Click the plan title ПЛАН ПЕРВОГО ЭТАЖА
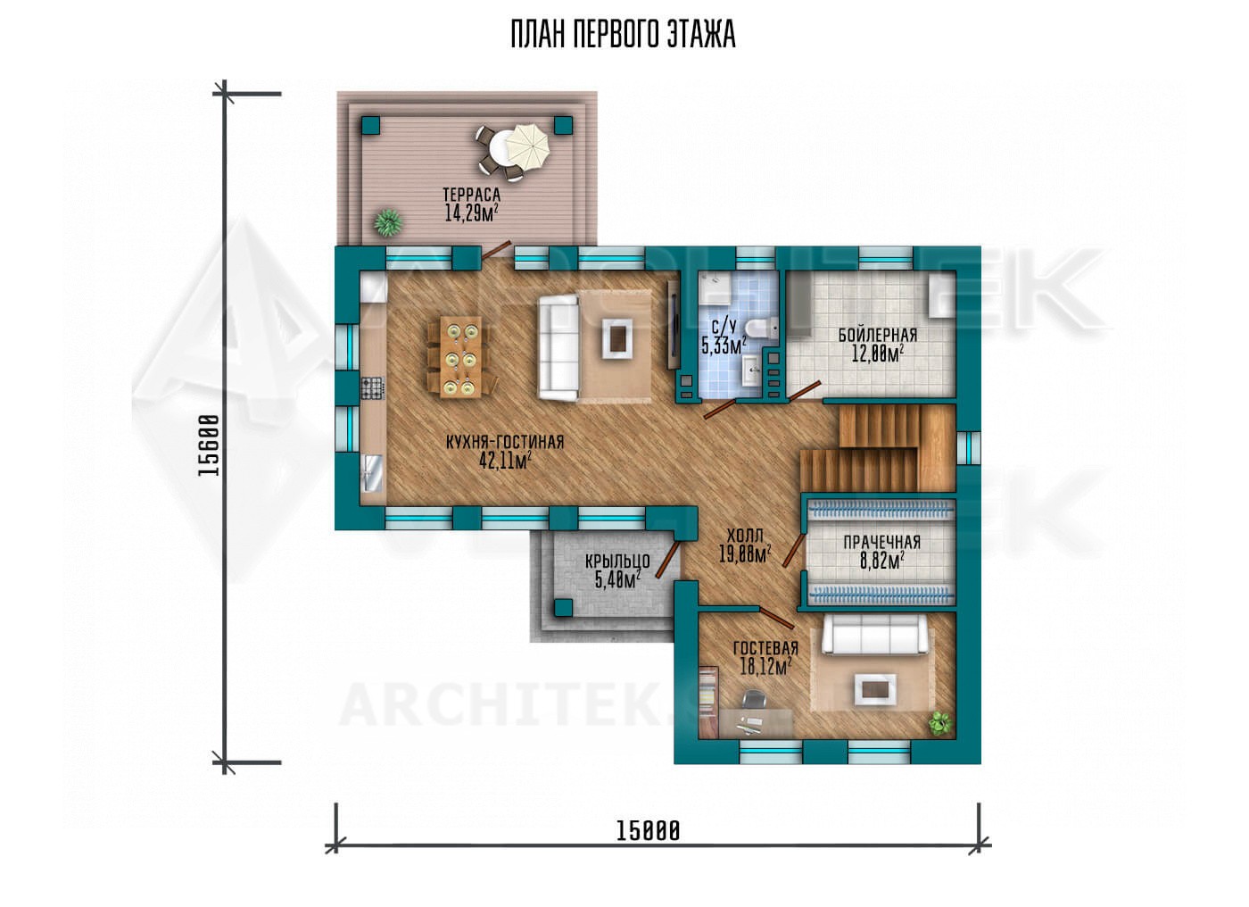624,34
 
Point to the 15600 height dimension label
209,445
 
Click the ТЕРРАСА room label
471,195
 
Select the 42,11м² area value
505,460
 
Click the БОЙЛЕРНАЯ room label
878,335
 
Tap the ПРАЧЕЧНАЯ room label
881,542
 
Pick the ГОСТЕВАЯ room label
765,648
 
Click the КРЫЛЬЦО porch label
617,561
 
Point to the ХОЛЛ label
745,536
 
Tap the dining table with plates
460,357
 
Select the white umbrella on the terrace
527,146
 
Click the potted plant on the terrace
388,222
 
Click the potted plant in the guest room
940,723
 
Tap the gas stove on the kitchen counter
373,387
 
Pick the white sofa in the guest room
874,633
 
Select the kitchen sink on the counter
373,473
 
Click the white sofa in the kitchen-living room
558,347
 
